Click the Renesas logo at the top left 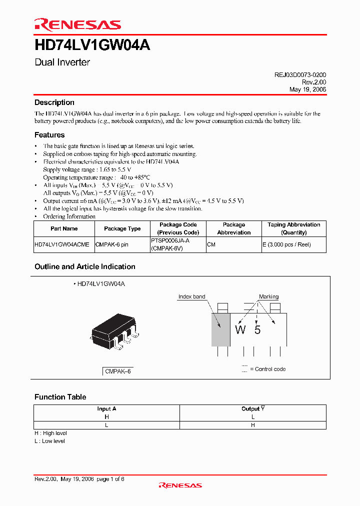(x=77, y=24)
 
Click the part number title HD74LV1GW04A (x=92, y=45)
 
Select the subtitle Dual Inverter (x=62, y=62)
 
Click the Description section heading (x=54, y=102)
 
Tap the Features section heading (x=49, y=135)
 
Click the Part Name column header (x=64, y=228)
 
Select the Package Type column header (x=122, y=228)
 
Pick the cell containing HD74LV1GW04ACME (x=62, y=245)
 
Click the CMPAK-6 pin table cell (x=112, y=245)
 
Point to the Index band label (x=191, y=297)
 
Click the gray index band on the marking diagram (x=220, y=329)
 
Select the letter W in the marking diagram (x=240, y=330)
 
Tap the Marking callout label (x=268, y=297)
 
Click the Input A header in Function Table (x=106, y=408)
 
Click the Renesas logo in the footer (x=180, y=485)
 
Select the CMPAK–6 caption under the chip (x=118, y=372)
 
